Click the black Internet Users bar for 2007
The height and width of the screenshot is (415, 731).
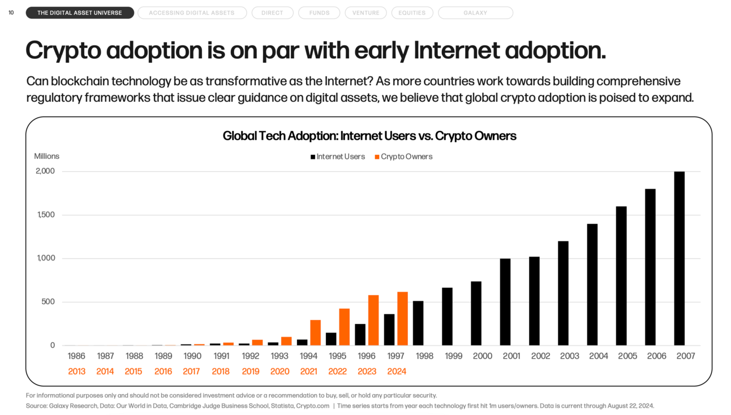[x=679, y=258]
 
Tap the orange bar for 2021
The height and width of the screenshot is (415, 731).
[x=315, y=332]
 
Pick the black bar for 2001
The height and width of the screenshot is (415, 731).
[x=505, y=302]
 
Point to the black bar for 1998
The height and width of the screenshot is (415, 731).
[x=418, y=323]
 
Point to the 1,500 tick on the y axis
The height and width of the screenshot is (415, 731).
[x=46, y=215]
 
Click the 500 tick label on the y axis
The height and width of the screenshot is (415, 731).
[x=48, y=302]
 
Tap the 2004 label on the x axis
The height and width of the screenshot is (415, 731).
[x=599, y=356]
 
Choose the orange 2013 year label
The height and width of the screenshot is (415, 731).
[x=76, y=371]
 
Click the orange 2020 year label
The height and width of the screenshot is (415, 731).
[x=279, y=371]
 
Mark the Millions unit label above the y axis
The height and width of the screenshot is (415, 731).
[x=46, y=156]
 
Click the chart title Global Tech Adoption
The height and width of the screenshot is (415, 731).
[x=369, y=136]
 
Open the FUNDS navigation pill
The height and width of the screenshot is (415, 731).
[x=319, y=12]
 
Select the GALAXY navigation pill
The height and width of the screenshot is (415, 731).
[x=475, y=12]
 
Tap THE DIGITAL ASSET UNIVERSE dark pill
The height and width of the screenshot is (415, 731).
[x=80, y=12]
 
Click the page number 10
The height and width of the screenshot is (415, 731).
[x=11, y=12]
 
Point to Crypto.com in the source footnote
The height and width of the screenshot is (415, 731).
[x=313, y=406]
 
